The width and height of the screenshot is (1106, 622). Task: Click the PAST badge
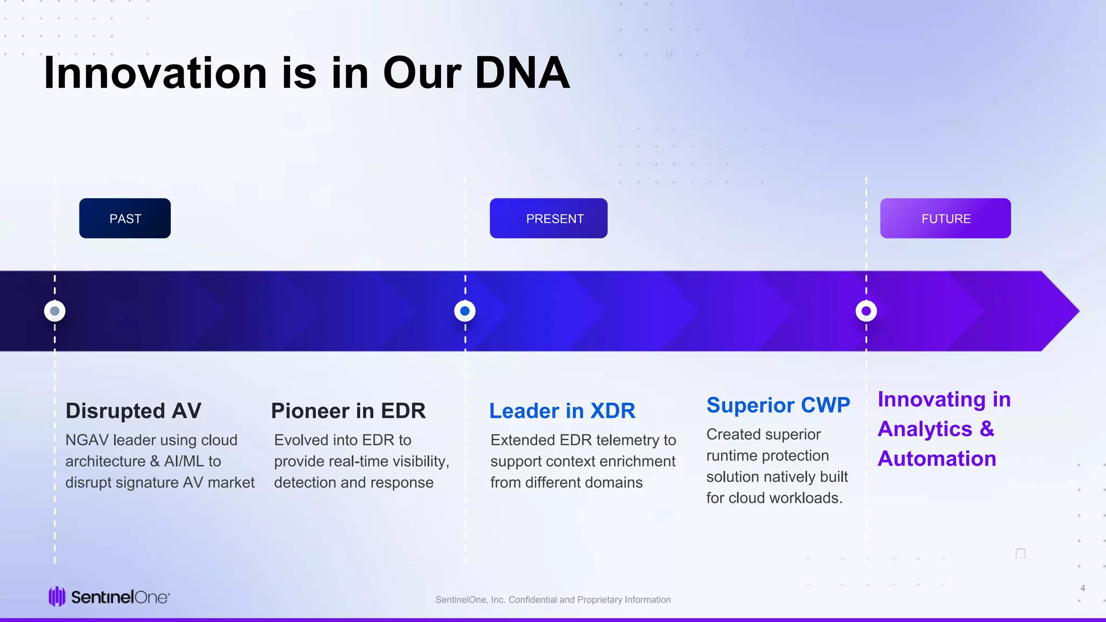point(125,218)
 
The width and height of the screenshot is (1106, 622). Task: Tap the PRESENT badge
point(548,218)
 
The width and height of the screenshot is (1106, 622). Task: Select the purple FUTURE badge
point(945,218)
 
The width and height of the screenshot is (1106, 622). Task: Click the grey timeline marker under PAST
point(55,311)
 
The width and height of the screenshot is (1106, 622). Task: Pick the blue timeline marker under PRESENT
point(465,311)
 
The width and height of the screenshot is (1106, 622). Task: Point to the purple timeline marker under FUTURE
point(866,311)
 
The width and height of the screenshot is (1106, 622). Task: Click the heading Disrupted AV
point(133,411)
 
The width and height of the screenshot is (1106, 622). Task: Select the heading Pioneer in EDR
point(348,411)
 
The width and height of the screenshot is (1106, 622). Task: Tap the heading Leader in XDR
point(562,411)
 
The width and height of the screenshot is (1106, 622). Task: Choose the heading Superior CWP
point(778,405)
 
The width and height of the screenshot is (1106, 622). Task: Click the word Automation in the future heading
point(937,459)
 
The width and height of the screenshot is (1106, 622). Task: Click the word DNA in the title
point(522,73)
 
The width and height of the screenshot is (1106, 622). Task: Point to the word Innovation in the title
point(156,73)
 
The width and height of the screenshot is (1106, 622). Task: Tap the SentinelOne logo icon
point(57,597)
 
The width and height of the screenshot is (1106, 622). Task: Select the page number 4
point(1082,588)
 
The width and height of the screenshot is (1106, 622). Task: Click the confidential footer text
point(553,600)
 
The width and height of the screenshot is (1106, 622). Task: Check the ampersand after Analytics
point(987,429)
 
